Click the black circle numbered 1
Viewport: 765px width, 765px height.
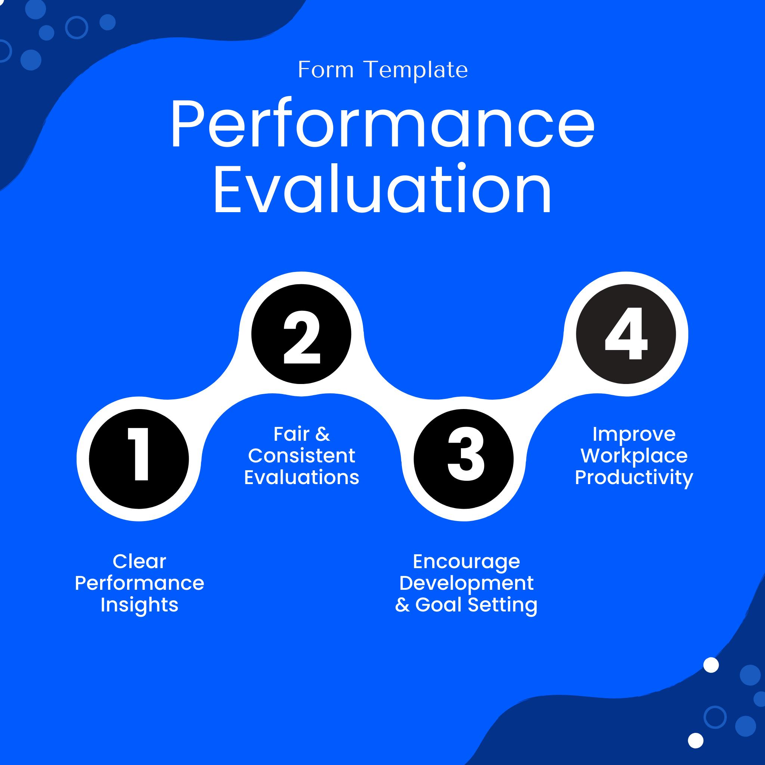139,459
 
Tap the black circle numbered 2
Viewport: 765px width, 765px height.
301,334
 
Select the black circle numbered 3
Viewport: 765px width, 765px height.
464,459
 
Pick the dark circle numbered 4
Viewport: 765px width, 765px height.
626,334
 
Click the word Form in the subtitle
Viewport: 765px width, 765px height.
325,70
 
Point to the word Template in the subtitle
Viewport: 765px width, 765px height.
416,70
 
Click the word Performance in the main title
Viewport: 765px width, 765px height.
382,124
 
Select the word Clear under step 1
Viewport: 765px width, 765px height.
139,561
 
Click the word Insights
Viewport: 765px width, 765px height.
139,605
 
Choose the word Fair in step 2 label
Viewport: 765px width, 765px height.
291,434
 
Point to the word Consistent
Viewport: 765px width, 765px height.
301,456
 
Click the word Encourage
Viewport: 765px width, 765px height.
466,561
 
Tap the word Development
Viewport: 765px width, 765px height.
466,583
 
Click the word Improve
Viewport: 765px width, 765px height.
634,434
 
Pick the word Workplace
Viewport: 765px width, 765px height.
634,456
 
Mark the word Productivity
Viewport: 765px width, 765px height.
634,477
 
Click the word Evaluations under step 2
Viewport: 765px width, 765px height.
301,477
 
